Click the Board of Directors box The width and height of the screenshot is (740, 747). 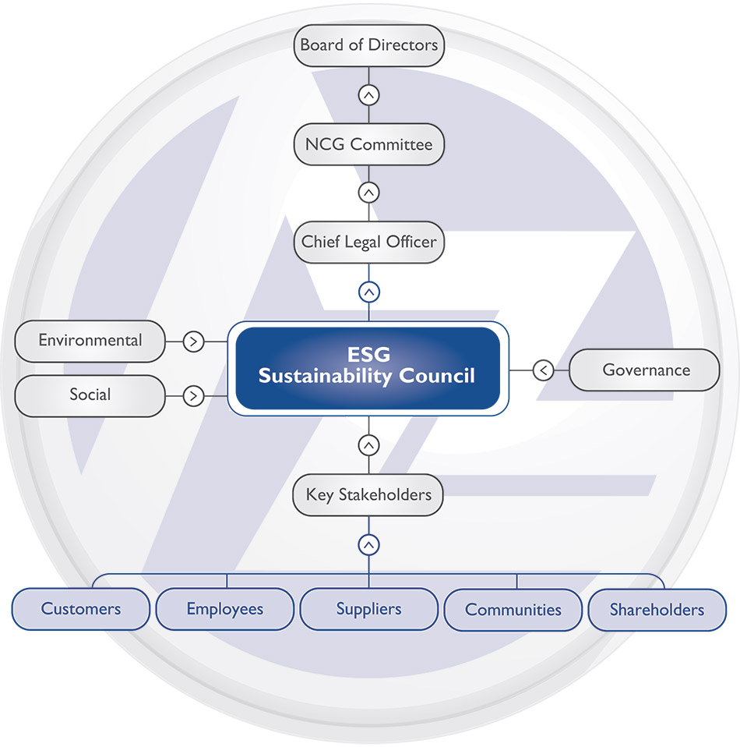coord(368,44)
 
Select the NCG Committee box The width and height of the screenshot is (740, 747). coord(368,144)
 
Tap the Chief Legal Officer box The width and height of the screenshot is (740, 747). coord(368,242)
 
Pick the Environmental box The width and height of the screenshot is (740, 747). coord(90,341)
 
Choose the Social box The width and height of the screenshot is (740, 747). coord(90,395)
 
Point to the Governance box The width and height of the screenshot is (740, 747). coord(644,370)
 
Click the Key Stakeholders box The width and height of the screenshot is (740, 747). coord(368,494)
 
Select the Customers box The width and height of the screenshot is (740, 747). coord(81,609)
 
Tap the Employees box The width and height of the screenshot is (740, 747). coord(225,609)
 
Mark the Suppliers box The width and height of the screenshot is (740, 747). coord(368,609)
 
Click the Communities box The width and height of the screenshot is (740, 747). coord(513,609)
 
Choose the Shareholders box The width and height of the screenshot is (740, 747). coord(657,609)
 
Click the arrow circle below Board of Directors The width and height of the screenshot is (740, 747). coord(369,95)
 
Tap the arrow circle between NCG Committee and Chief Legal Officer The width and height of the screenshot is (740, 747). coord(369,192)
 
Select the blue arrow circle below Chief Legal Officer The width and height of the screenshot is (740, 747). coord(369,292)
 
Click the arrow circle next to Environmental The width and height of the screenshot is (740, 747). coord(193,342)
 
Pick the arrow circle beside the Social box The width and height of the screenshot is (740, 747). coord(193,396)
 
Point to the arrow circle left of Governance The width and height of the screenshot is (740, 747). coord(544,370)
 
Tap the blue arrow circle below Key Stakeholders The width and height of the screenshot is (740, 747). coord(369,543)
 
